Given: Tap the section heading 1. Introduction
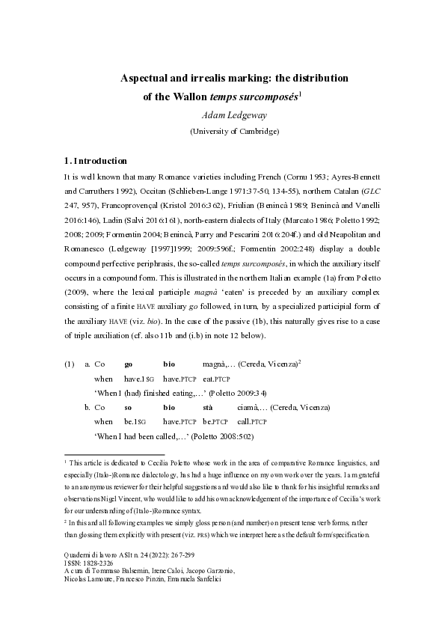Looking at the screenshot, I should [x=96, y=162].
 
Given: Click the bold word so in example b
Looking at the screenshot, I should [x=128, y=408].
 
